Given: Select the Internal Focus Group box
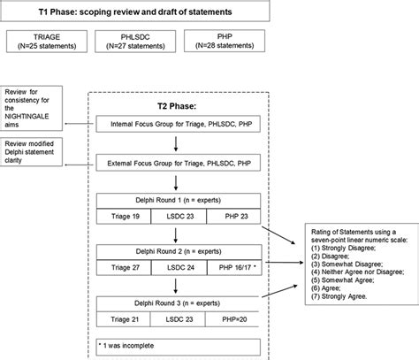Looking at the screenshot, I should pyautogui.click(x=179, y=126).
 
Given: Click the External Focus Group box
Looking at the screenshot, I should pyautogui.click(x=179, y=163).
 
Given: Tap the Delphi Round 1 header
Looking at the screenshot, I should pyautogui.click(x=179, y=199).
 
